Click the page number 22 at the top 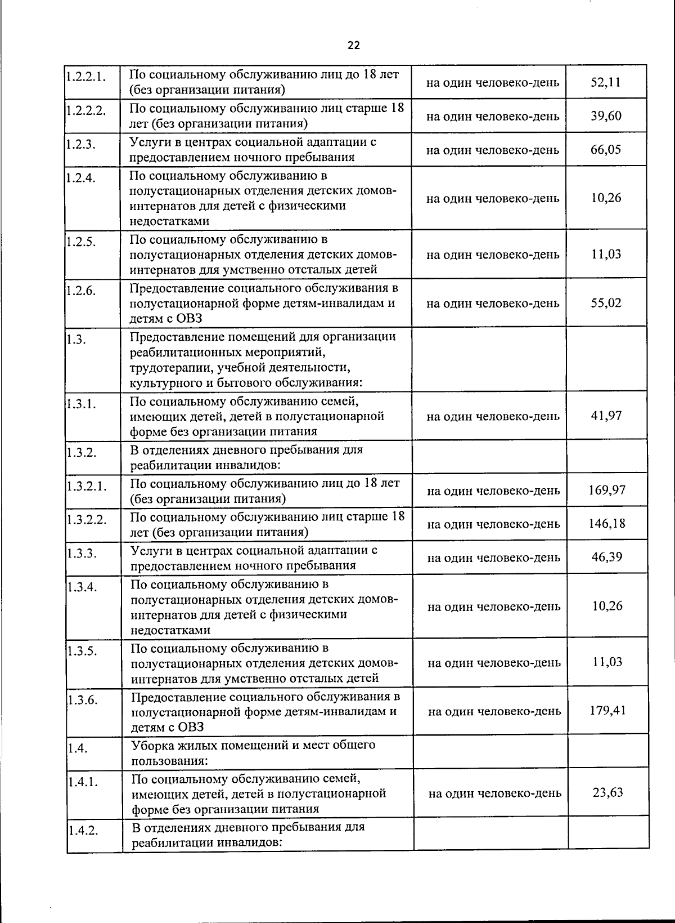point(353,46)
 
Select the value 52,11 point(606,82)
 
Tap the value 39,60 point(606,116)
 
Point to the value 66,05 point(606,150)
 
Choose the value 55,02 point(606,303)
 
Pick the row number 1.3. point(75,340)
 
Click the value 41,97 point(606,416)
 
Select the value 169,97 point(607,490)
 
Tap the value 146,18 point(607,524)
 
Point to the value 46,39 point(607,558)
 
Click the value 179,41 point(607,710)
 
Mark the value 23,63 point(607,793)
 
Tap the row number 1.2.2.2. point(85,110)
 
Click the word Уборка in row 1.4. point(151,746)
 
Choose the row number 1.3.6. point(82,700)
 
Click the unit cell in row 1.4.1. point(494,793)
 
